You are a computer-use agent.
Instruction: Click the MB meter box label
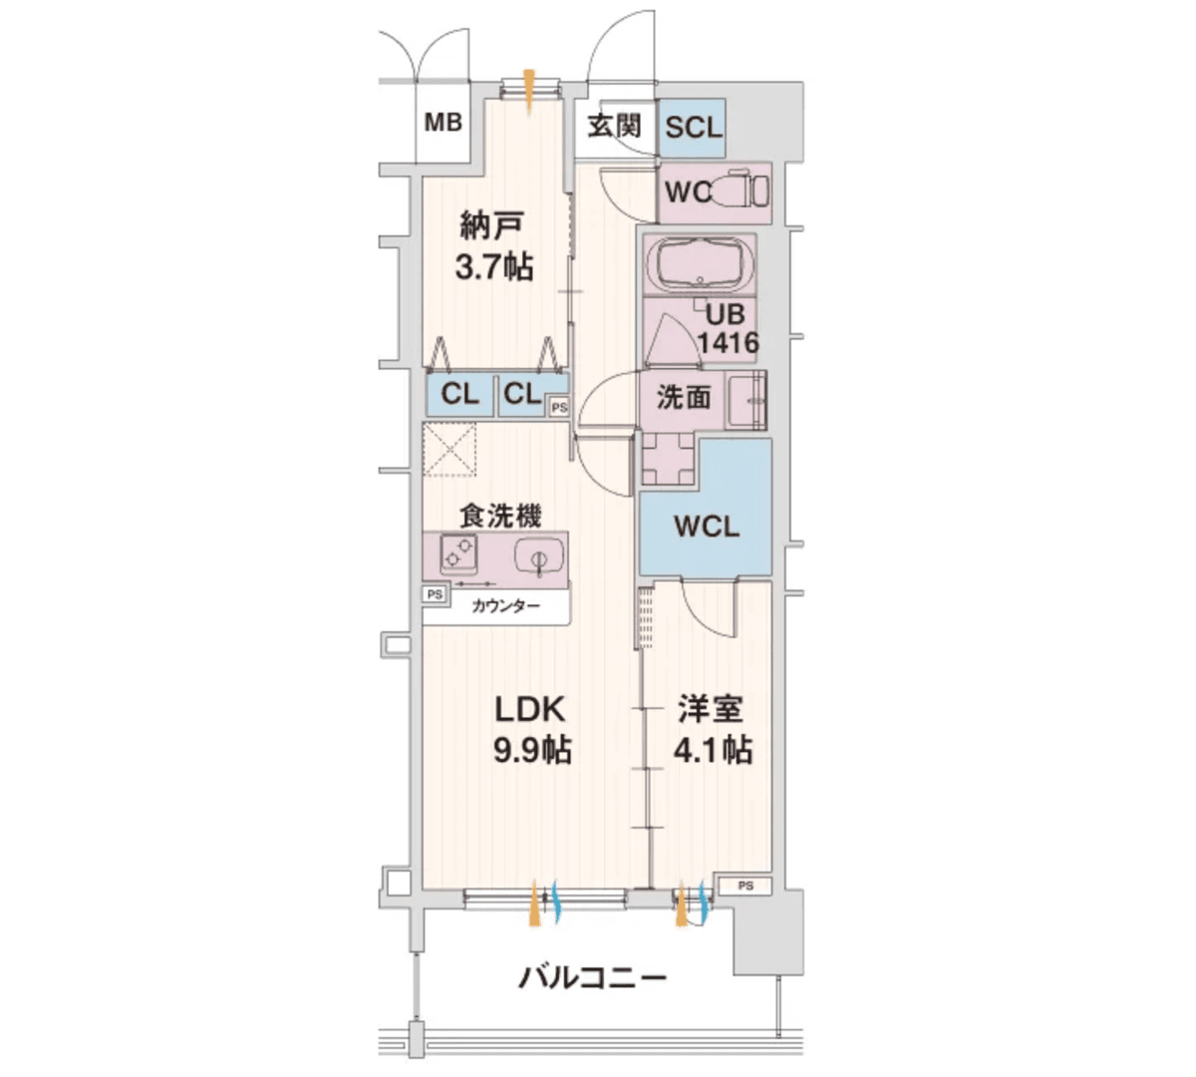coord(444,123)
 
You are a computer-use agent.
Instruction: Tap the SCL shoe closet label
coord(692,128)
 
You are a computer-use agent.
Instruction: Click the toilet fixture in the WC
coord(744,189)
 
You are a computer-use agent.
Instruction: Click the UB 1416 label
coord(727,329)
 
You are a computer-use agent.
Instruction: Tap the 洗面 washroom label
coord(684,397)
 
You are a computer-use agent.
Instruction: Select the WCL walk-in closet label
coord(707,527)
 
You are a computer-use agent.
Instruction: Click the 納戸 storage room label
coord(490,226)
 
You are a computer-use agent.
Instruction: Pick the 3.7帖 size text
coord(493,267)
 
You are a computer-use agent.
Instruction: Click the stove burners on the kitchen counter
coord(458,551)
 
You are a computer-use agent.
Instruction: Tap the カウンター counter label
coord(505,605)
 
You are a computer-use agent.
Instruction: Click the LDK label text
coord(531,710)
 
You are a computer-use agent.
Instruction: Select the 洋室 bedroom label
coord(711,710)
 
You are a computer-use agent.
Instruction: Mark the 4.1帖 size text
coord(713,750)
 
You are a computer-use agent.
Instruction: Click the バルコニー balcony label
coord(592,977)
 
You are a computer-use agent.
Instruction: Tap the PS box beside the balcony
coord(746,886)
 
